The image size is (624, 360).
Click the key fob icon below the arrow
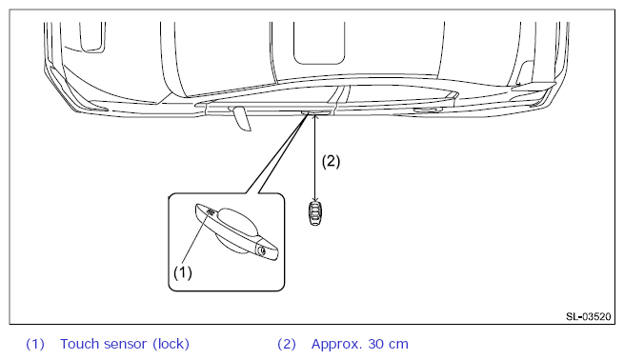(x=315, y=213)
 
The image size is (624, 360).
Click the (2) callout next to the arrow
(x=331, y=162)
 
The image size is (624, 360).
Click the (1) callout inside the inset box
(x=183, y=272)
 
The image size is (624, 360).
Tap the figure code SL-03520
(x=588, y=316)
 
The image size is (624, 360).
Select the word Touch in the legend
(x=79, y=344)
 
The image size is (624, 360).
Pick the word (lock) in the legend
(x=171, y=344)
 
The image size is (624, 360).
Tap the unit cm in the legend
(x=399, y=345)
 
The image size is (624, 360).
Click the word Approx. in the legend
(x=336, y=345)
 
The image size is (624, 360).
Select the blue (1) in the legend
(x=35, y=344)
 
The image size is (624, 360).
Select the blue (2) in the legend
(x=287, y=344)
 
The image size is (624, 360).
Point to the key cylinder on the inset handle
(x=262, y=250)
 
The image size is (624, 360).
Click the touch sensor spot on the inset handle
(x=211, y=211)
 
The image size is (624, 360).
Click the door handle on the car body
(x=316, y=112)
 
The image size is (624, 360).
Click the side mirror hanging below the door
(x=242, y=118)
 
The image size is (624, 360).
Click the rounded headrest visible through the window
(x=319, y=44)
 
